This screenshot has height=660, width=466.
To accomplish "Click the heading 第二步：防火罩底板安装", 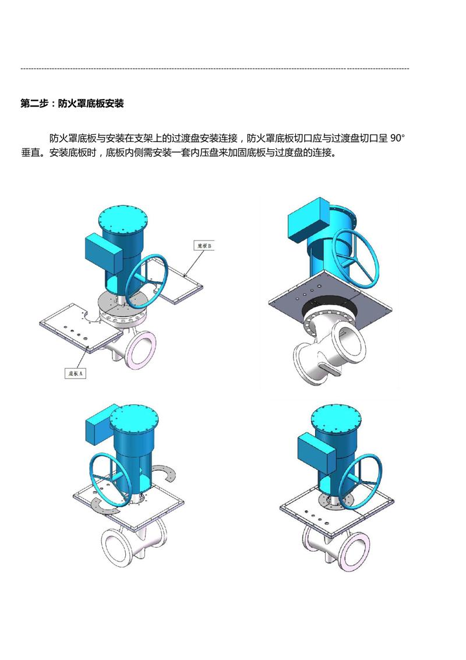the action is pyautogui.click(x=72, y=104).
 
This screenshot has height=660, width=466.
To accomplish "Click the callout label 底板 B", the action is pyautogui.click(x=204, y=245).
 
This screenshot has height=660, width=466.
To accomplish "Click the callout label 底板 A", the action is pyautogui.click(x=76, y=373).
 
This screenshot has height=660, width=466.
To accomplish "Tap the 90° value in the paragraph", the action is pyautogui.click(x=397, y=138).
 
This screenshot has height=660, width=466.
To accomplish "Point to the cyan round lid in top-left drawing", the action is pyautogui.click(x=123, y=223).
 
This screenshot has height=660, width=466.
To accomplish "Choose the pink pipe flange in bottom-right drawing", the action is pyautogui.click(x=353, y=552).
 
